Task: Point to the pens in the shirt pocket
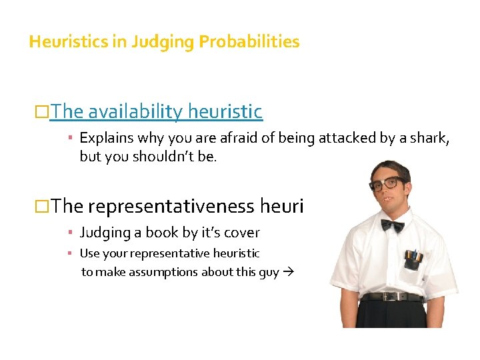pyautogui.click(x=411, y=256)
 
